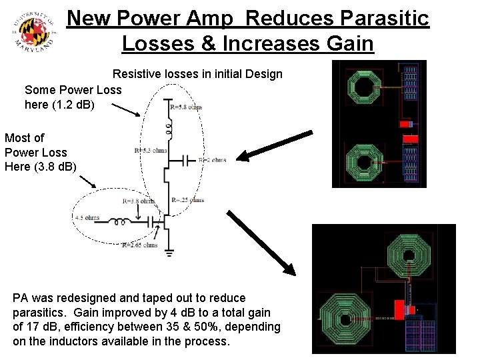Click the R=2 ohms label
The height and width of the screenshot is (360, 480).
(x=211, y=160)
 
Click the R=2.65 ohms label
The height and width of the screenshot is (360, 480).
(x=139, y=245)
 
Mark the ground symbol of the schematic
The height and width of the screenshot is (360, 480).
(x=169, y=253)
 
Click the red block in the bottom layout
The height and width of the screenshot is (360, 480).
(x=401, y=309)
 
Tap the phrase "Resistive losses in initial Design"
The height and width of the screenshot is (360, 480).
(x=197, y=74)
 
